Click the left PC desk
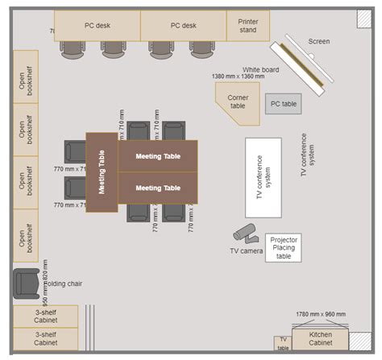point(98,26)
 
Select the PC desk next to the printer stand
point(183,26)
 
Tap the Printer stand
point(248,26)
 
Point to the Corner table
point(237,102)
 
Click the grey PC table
point(284,104)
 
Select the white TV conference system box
point(264,177)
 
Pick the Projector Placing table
point(284,247)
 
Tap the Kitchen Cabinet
point(320,338)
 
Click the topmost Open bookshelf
point(26,77)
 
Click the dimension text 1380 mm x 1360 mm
point(239,77)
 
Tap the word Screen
point(319,41)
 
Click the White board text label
point(260,69)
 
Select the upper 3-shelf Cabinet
point(45,316)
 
